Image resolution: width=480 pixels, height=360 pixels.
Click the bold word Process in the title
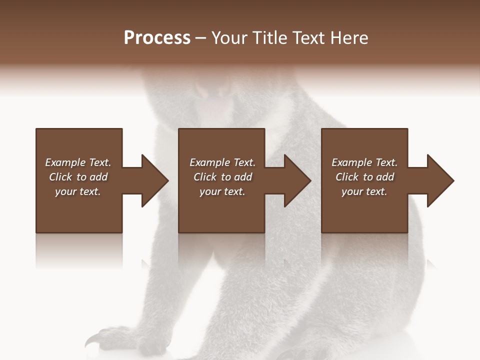157,38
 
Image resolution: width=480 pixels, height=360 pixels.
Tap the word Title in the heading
270,38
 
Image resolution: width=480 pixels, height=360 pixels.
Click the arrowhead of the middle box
297,180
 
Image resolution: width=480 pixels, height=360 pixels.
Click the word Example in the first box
64,162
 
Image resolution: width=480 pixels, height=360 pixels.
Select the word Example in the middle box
209,162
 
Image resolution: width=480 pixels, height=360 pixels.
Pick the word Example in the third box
351,162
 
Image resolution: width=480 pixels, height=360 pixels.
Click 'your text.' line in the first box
78,191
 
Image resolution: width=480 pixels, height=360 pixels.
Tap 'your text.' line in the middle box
222,191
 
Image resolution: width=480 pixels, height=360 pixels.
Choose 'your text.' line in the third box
364,191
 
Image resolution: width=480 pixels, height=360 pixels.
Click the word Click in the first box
60,177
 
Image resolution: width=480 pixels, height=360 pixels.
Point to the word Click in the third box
347,177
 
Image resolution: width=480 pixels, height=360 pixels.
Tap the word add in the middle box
243,177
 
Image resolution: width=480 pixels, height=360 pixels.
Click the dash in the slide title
201,38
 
